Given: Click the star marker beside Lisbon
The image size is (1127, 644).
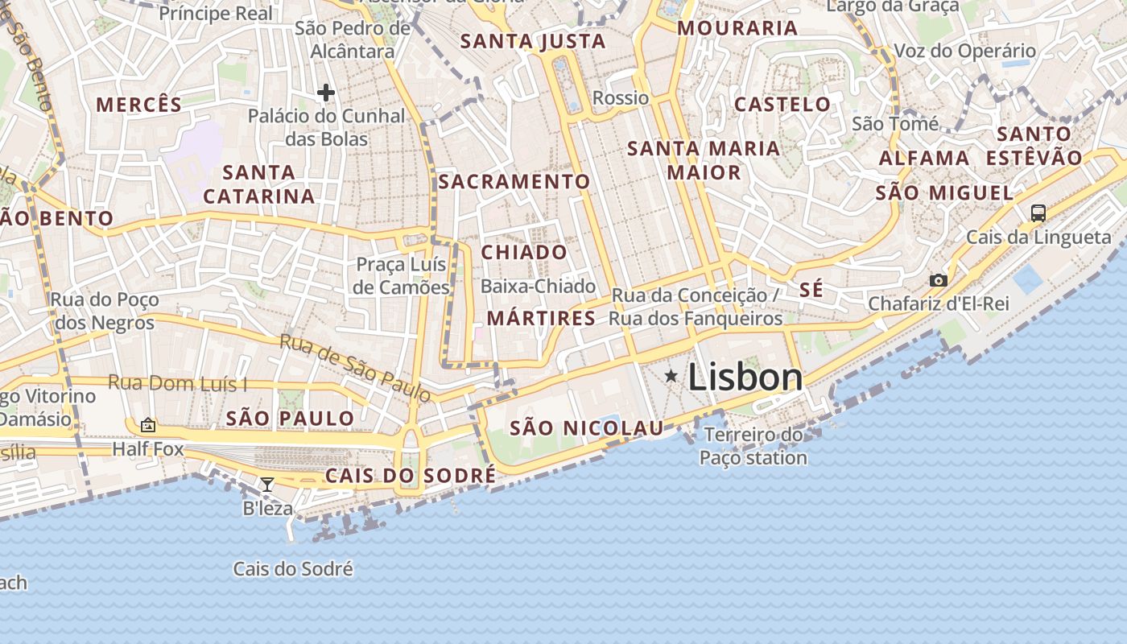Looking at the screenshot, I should click(x=671, y=375).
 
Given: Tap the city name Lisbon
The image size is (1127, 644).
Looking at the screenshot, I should click(x=745, y=378).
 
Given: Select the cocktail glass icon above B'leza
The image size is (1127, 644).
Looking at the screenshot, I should click(x=267, y=484).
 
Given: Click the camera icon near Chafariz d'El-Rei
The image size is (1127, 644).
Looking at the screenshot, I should click(x=938, y=280).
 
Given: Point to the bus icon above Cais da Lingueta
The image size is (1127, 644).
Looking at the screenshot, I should click(x=1038, y=213).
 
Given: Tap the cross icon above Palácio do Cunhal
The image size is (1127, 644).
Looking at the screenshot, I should click(x=325, y=93).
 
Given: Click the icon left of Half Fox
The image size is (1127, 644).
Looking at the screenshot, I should click(x=148, y=425).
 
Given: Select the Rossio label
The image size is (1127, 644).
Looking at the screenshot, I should click(x=620, y=98).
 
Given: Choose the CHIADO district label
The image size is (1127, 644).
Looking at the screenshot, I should click(x=524, y=252).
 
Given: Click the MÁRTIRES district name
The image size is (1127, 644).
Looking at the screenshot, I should click(x=541, y=318).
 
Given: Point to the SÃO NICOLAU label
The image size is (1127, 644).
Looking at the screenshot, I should click(x=587, y=427).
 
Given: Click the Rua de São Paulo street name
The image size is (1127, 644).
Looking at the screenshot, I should click(x=355, y=367).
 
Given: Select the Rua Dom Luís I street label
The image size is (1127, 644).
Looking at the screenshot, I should click(x=177, y=383).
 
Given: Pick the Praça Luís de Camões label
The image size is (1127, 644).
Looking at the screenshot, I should click(x=402, y=275).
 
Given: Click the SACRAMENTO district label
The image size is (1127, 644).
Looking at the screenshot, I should click(x=514, y=181).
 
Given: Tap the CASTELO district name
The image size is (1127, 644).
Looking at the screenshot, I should click(x=782, y=104).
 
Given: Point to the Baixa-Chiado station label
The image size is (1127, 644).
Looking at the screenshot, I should click(x=538, y=286).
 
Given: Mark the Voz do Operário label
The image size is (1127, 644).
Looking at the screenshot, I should click(x=964, y=51).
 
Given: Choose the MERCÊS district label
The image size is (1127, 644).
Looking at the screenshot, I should click(x=139, y=104).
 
